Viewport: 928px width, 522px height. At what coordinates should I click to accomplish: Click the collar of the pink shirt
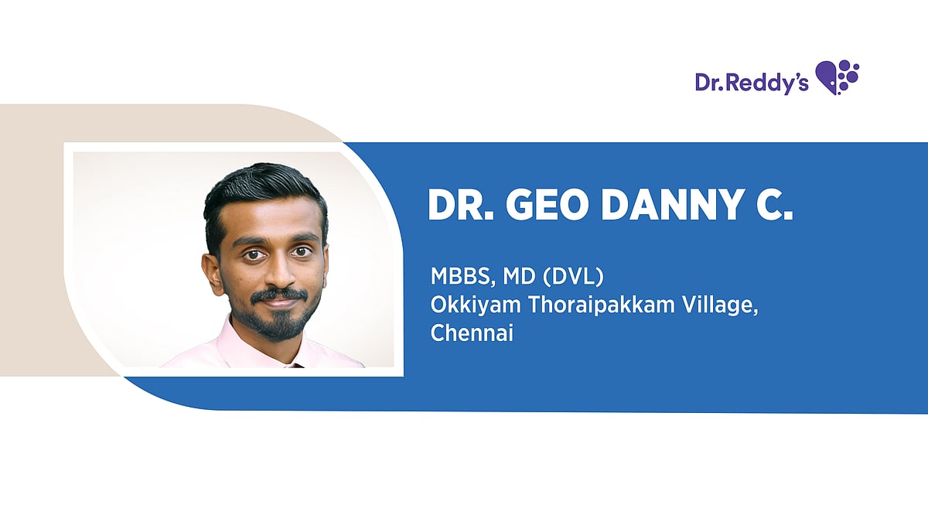(x=232, y=344)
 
